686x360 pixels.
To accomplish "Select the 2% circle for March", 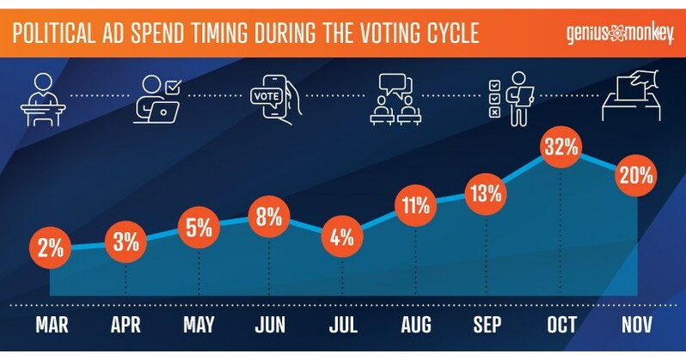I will click(51, 250).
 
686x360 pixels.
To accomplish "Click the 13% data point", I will click(487, 192).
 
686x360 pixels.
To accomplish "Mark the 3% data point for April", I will click(126, 241).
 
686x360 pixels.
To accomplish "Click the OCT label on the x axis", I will click(560, 327).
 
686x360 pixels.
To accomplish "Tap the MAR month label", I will click(51, 327).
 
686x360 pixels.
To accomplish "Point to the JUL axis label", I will click(344, 327).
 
